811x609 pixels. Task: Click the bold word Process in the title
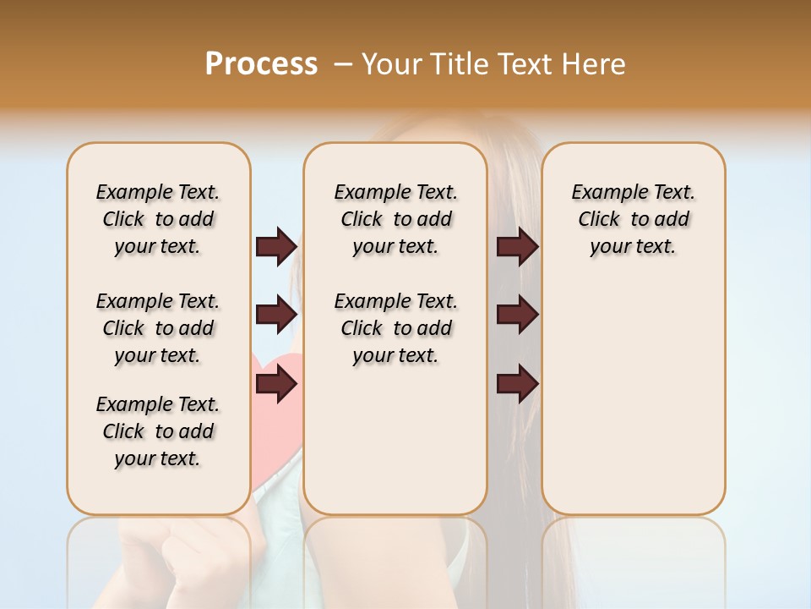point(261,63)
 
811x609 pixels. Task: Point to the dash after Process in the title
point(343,64)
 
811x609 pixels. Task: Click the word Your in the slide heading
point(392,63)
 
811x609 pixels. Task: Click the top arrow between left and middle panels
point(276,246)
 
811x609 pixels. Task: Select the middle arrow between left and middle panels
point(276,315)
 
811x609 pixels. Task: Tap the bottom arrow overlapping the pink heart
point(276,385)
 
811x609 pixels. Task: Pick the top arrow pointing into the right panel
point(517,246)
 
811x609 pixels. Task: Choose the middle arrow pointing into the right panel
point(517,315)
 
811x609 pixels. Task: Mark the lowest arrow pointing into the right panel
point(517,385)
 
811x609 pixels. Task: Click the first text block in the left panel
point(158,219)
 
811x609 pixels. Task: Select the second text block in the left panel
point(158,328)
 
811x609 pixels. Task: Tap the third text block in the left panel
point(158,431)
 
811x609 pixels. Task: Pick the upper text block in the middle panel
point(395,219)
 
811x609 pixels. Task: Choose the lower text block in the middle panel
point(395,328)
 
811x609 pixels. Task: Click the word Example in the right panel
point(604,193)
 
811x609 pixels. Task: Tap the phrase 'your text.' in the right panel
point(633,247)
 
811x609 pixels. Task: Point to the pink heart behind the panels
point(279,423)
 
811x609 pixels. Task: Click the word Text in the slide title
point(525,63)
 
